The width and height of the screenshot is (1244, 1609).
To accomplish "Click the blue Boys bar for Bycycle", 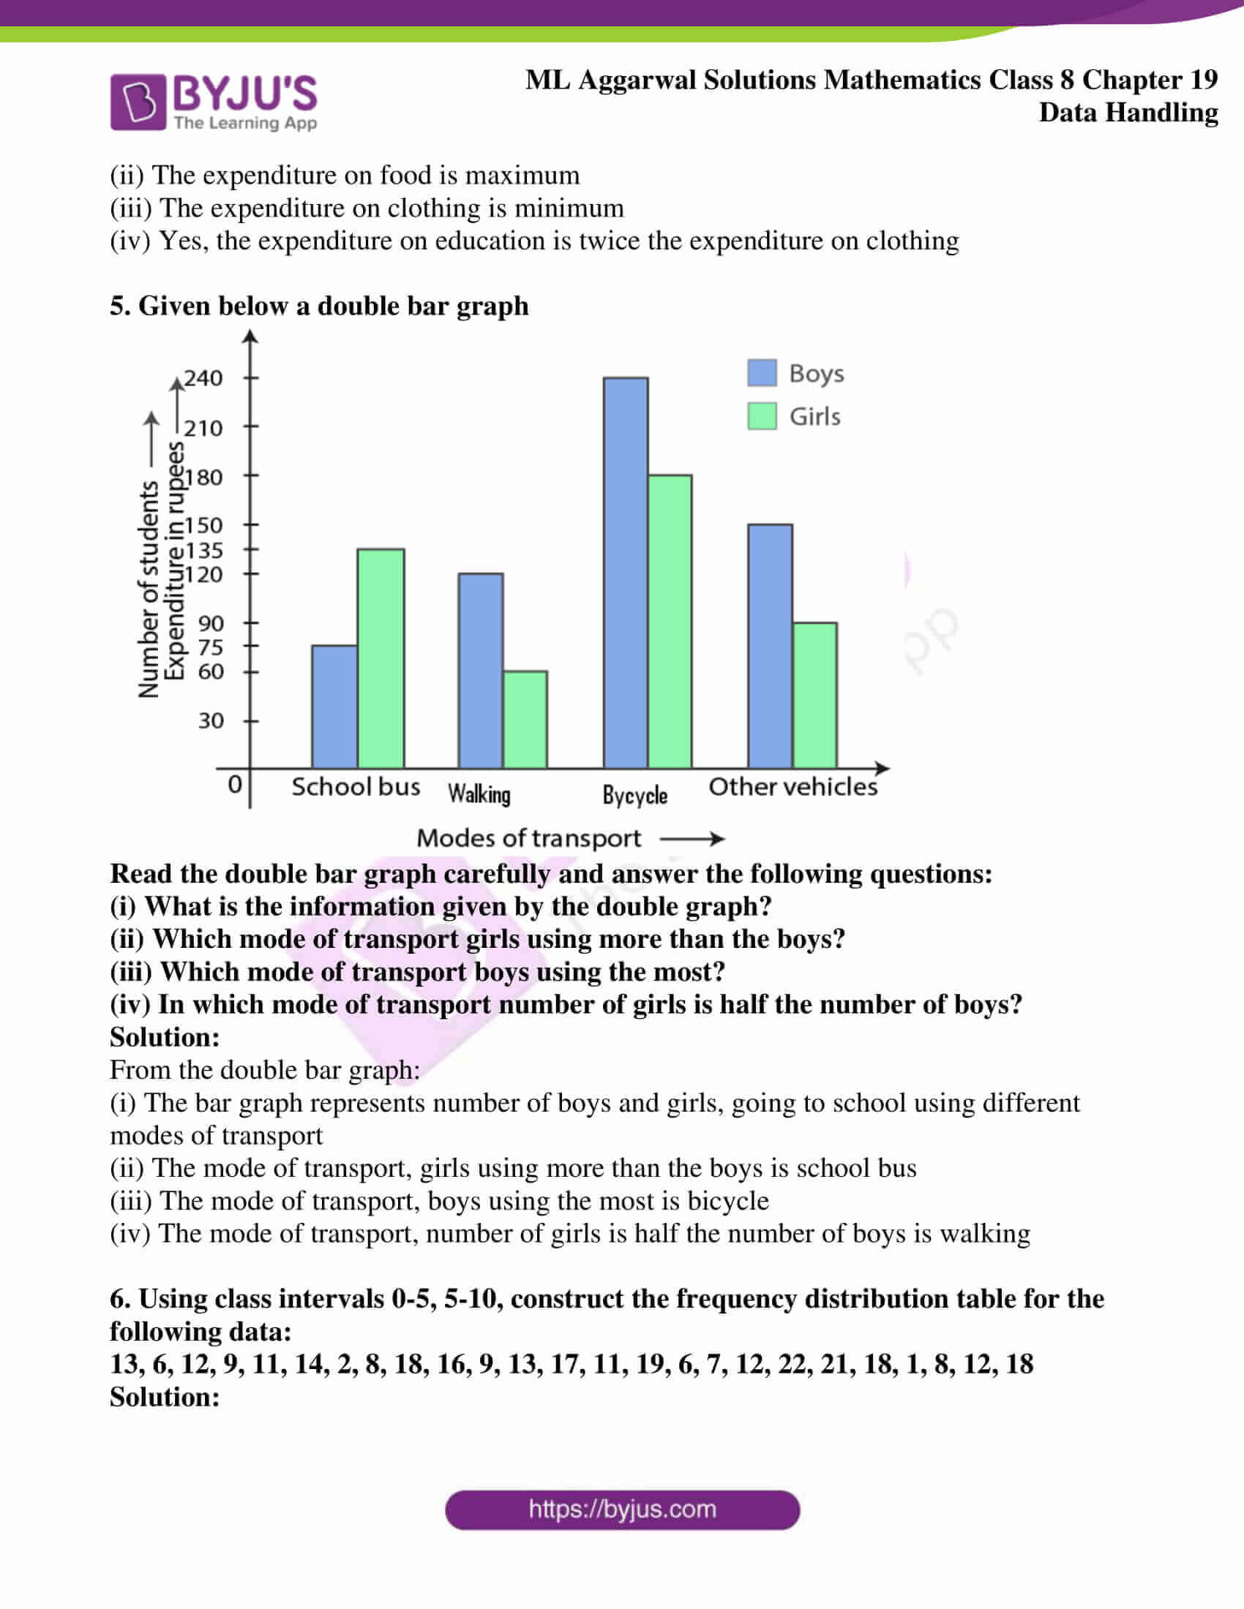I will point(626,573).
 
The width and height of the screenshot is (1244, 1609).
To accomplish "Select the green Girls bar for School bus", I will point(381,658).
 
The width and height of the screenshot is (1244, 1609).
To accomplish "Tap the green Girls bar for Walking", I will point(525,719).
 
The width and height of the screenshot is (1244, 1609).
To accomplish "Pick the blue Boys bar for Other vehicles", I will point(770,645).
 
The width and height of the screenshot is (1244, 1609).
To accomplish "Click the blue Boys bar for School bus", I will point(334,706).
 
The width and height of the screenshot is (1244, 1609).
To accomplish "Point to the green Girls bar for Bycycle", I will point(670,621).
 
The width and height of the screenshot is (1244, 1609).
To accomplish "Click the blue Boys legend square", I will point(762,373).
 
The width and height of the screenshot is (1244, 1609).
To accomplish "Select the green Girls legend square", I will point(762,416).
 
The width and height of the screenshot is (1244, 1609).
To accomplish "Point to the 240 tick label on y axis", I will point(203,378).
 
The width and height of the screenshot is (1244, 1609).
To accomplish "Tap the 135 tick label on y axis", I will point(203,549).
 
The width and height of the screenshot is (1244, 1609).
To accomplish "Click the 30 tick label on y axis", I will point(210,720).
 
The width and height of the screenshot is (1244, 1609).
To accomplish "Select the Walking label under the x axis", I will point(479,794).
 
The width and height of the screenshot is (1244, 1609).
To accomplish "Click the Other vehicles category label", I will point(793,786).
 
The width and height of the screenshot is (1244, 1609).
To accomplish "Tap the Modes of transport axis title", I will point(528,837).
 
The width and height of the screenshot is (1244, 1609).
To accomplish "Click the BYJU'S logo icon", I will point(138,102).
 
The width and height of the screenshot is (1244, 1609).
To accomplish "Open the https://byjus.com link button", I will point(622,1510).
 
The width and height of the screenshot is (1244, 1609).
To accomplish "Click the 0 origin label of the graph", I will point(234,784).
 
